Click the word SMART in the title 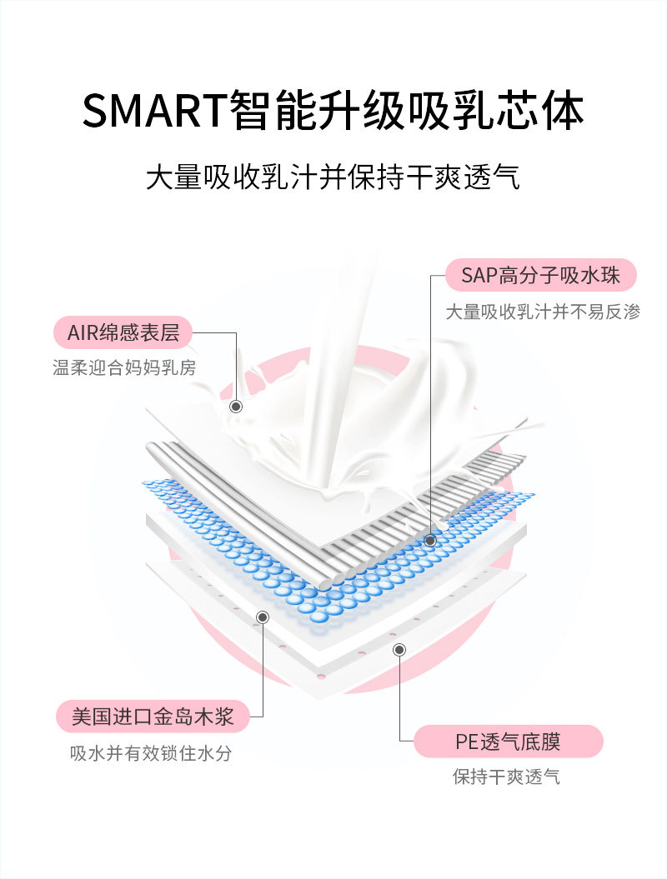coord(155,109)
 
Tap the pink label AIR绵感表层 coord(123,332)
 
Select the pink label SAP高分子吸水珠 coord(541,275)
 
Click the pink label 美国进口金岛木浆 coord(153,716)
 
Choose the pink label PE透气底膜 coord(509,741)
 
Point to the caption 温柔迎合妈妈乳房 coord(124,367)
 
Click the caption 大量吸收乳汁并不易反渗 coord(543,312)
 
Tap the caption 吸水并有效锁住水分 coord(151,753)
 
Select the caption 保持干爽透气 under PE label coord(507,777)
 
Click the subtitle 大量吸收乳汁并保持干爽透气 coord(333,177)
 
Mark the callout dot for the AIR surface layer coord(236,406)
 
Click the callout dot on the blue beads coord(430,541)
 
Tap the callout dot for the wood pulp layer coord(263,617)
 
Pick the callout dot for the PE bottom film coord(399,650)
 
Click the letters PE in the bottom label coord(466,742)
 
